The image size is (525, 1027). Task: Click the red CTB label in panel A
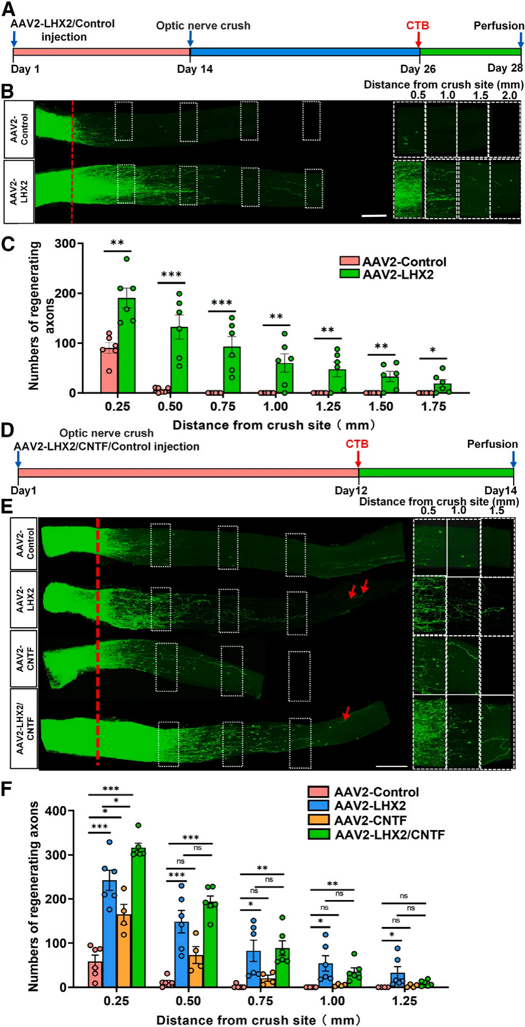[x=417, y=25]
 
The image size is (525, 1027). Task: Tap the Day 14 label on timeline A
[x=194, y=69]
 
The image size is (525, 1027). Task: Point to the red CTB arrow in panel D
[x=358, y=459]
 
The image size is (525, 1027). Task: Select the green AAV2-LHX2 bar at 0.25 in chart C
[x=127, y=345]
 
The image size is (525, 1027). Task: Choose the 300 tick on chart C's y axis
[x=65, y=243]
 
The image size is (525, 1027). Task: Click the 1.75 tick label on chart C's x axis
[x=433, y=406]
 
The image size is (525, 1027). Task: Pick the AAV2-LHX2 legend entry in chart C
[x=397, y=275]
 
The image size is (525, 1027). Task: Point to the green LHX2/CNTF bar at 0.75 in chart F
[x=282, y=967]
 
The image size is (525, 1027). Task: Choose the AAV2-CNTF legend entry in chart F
[x=370, y=820]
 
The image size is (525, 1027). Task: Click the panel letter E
[x=7, y=507]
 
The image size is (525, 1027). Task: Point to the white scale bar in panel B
[x=374, y=215]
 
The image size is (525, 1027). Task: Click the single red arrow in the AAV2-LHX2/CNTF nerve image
[x=346, y=714]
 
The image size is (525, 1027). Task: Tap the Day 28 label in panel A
[x=505, y=68]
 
